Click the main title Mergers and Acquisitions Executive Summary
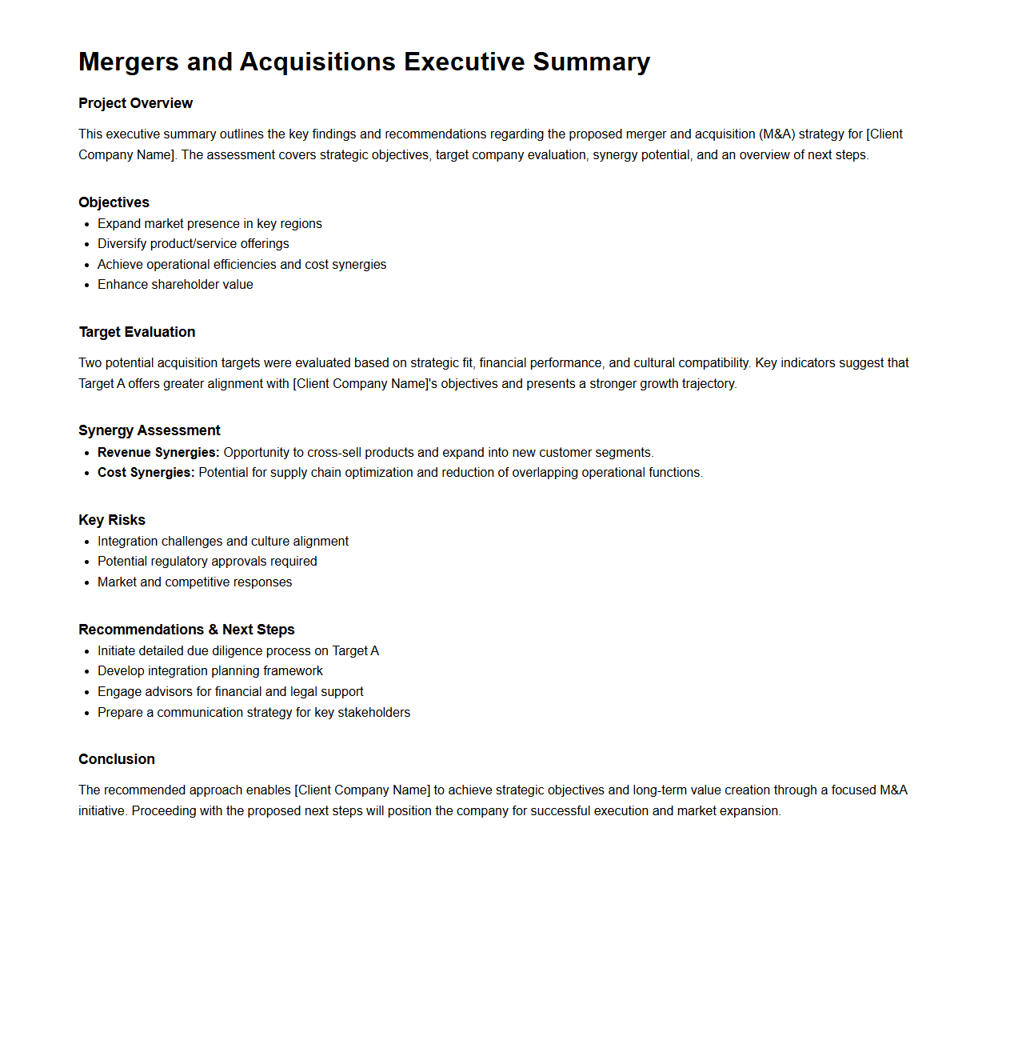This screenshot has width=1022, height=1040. (x=364, y=62)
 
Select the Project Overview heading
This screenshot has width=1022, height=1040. (x=135, y=103)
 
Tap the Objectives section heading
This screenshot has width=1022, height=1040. (x=114, y=202)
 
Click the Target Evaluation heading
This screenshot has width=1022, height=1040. (x=137, y=332)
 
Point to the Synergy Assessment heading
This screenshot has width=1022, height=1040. (x=149, y=430)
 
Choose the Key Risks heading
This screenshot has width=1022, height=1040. (x=112, y=520)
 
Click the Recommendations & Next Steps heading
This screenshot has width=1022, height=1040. (x=186, y=630)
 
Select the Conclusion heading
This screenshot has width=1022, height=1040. (x=117, y=759)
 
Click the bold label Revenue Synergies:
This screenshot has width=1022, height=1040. (x=158, y=453)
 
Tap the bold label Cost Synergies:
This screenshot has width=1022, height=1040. (x=146, y=473)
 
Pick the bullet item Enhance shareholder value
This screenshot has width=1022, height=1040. (x=175, y=285)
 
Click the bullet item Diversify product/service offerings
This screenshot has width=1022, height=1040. (x=193, y=244)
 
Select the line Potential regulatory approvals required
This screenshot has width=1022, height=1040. (x=207, y=562)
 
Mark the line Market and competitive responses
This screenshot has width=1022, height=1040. (x=194, y=582)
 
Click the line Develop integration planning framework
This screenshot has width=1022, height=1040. (x=210, y=671)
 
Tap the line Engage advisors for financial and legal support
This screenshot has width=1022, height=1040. (x=230, y=692)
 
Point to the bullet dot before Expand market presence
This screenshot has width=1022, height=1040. (x=86, y=225)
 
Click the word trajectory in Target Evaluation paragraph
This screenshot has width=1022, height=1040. (x=708, y=384)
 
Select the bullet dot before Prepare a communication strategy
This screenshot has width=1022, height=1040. (x=86, y=714)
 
